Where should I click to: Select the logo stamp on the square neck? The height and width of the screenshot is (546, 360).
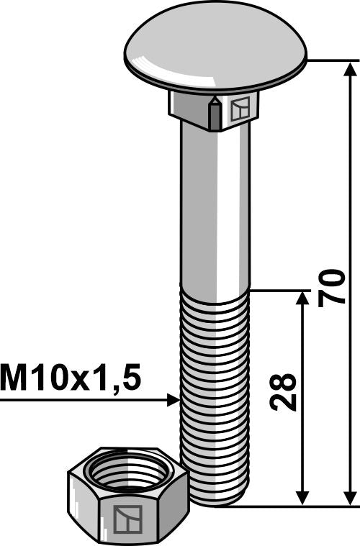click(239, 109)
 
